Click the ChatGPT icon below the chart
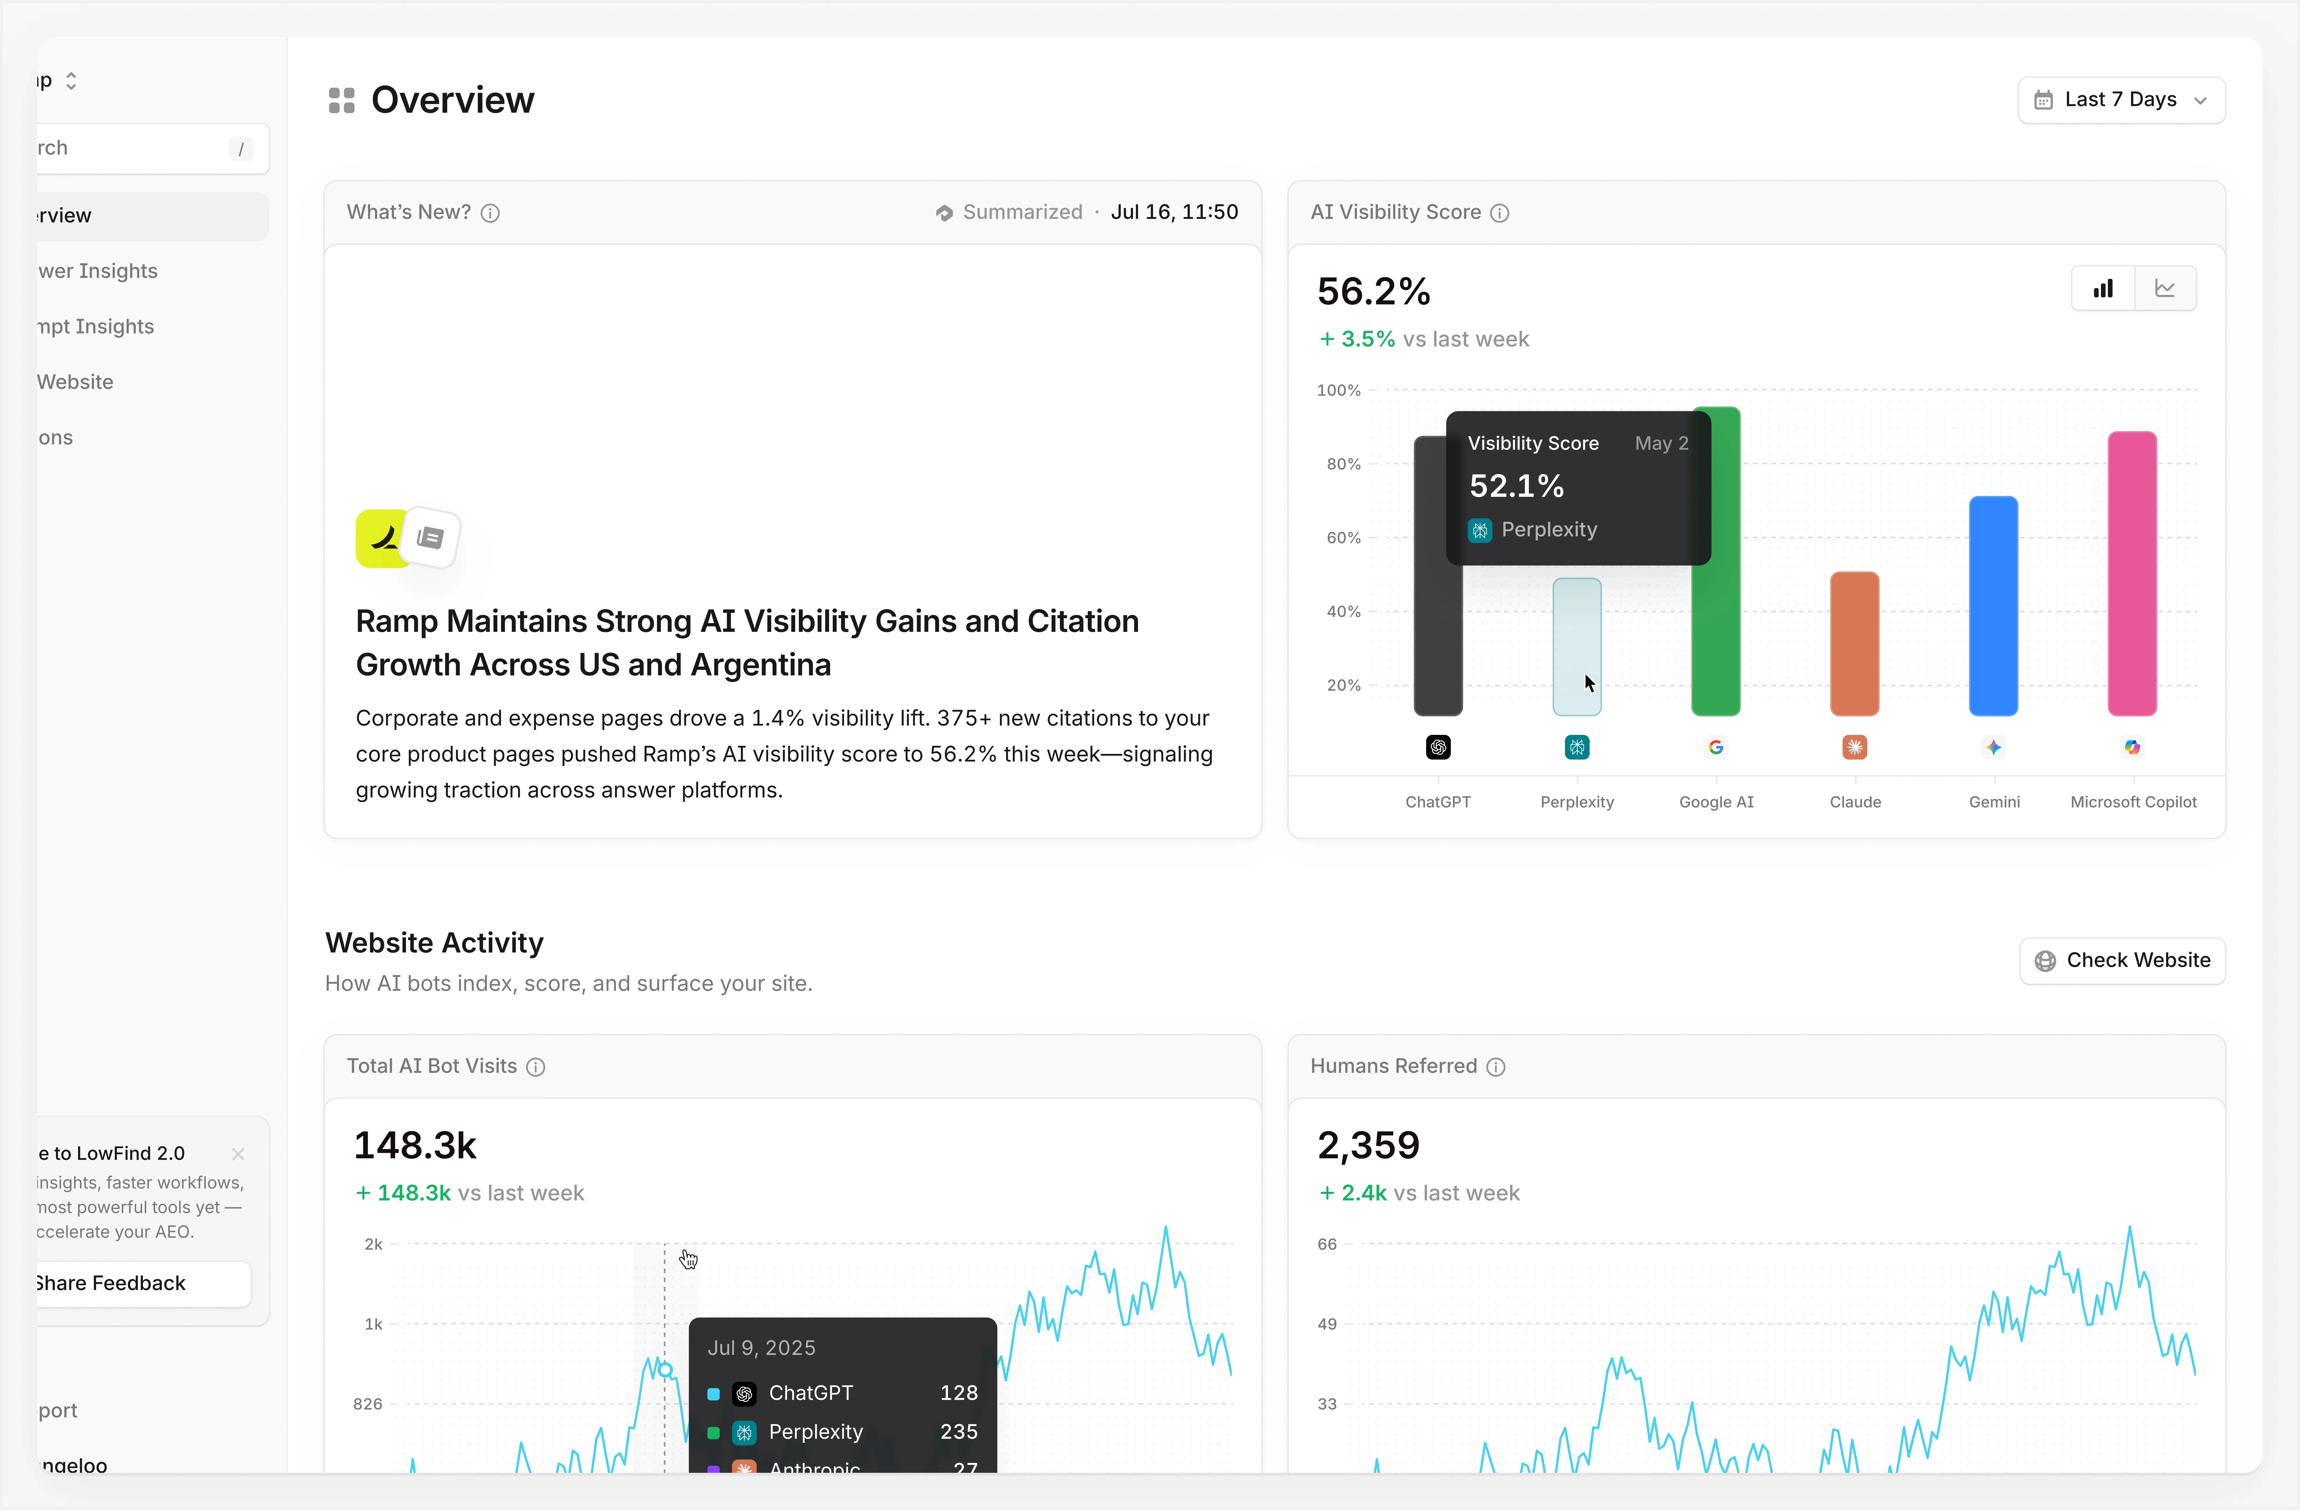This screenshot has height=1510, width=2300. tap(1438, 747)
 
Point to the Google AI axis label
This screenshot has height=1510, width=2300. tap(1716, 802)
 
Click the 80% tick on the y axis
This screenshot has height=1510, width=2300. tap(1343, 465)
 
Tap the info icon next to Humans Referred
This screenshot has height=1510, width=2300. tap(1496, 1067)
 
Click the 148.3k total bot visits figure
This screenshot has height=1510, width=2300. tap(416, 1146)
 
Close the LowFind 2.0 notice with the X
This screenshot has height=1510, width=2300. tap(238, 1154)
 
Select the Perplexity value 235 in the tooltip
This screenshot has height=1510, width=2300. tap(959, 1432)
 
